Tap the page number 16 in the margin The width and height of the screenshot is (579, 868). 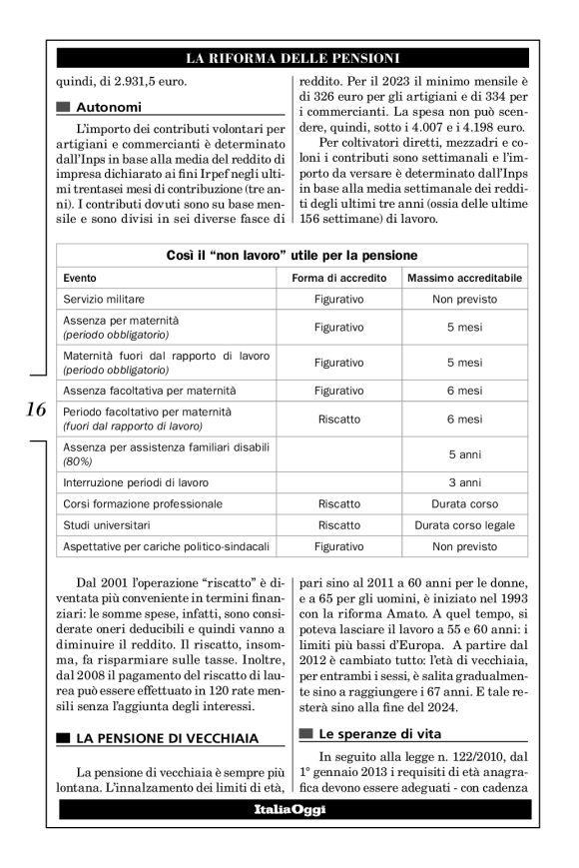pyautogui.click(x=34, y=410)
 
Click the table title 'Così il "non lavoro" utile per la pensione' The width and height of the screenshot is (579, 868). pyautogui.click(x=291, y=256)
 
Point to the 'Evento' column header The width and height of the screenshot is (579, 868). pyautogui.click(x=82, y=278)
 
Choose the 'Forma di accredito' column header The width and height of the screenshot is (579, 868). pyautogui.click(x=338, y=278)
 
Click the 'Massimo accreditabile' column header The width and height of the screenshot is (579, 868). pyautogui.click(x=465, y=278)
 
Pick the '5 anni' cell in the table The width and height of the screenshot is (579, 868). pyautogui.click(x=465, y=454)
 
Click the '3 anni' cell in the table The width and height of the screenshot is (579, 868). pyautogui.click(x=465, y=481)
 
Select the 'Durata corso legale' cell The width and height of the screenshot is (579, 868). pyautogui.click(x=465, y=525)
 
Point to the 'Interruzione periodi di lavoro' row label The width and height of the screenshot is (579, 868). pyautogui.click(x=136, y=481)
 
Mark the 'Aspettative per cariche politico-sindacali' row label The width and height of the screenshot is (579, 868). pyautogui.click(x=164, y=547)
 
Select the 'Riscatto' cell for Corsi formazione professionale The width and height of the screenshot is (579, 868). pyautogui.click(x=338, y=503)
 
